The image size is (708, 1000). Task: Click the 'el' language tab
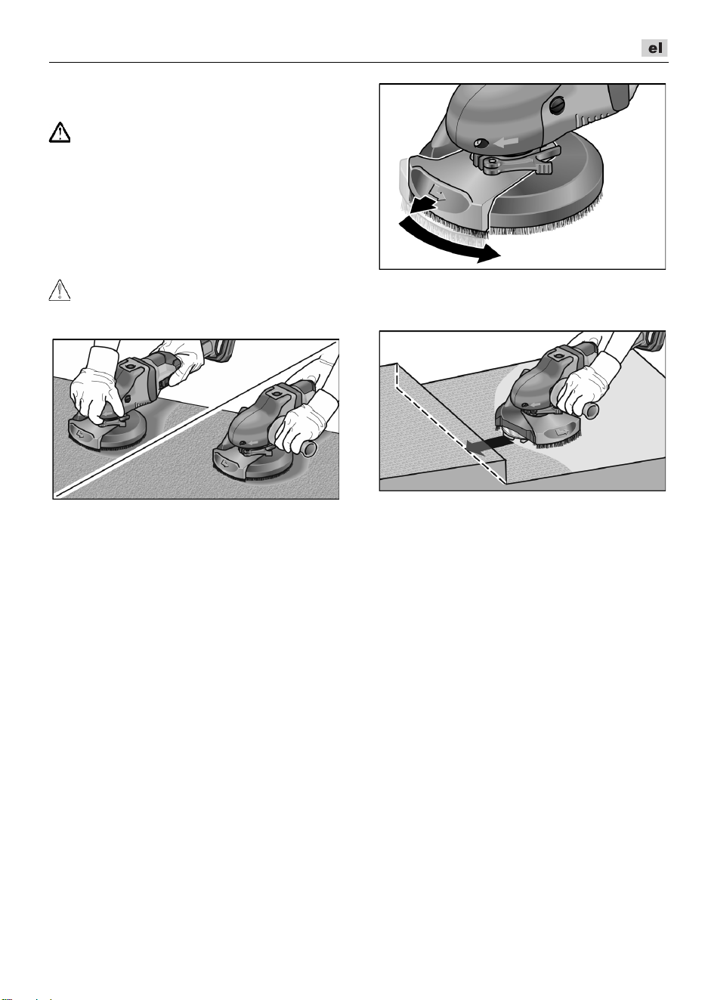coord(654,48)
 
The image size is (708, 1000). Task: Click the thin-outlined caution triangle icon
coord(60,290)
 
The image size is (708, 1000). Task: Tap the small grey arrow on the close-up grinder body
coord(507,142)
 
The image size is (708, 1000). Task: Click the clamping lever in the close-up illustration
coord(513,164)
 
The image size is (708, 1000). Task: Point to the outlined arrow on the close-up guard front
coord(436,193)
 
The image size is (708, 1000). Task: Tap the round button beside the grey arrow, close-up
coord(481,143)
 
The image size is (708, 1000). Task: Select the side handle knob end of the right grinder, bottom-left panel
coord(309,450)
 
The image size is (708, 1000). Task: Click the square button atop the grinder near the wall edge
coord(558,357)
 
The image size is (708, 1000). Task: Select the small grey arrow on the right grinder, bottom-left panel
coord(254,442)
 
